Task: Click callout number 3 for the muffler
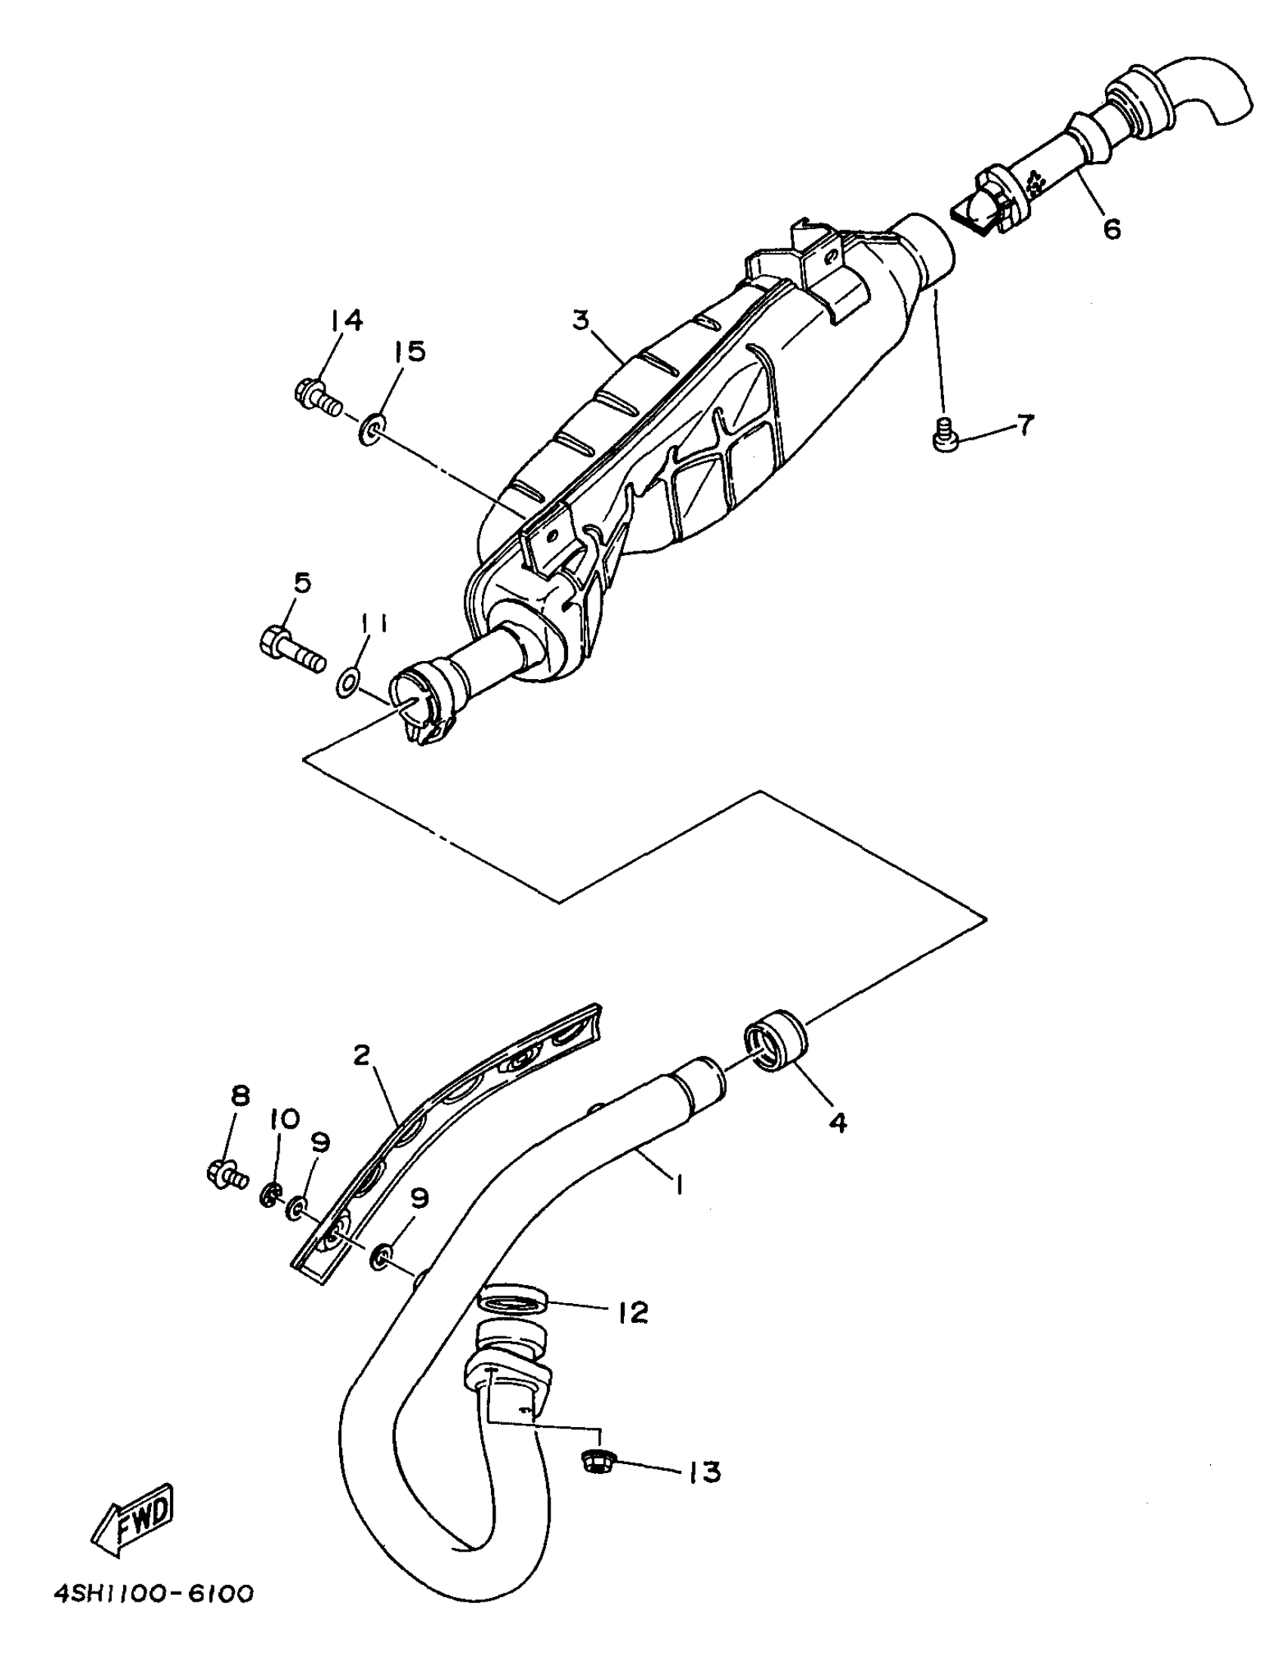pos(581,320)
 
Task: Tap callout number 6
pos(1112,228)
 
